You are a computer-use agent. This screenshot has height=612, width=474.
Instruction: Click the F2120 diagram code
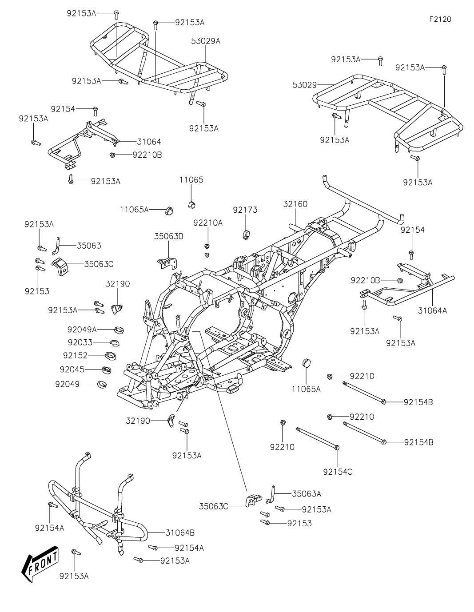(440, 19)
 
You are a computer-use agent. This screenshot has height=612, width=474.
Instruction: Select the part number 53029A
(205, 41)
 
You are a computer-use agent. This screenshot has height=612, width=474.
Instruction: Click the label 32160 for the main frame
(295, 204)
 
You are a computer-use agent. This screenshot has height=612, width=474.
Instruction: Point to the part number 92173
(245, 210)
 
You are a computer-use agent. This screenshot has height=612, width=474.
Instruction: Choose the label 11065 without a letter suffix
(191, 180)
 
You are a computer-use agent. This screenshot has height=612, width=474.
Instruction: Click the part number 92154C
(338, 472)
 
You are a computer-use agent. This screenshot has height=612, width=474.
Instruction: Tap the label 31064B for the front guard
(180, 533)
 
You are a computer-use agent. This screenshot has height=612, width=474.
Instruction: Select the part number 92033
(80, 342)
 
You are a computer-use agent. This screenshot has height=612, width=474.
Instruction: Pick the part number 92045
(72, 369)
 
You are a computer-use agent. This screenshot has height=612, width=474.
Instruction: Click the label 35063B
(168, 236)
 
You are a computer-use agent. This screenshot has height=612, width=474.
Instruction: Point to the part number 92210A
(208, 223)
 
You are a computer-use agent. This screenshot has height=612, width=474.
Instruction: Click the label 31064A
(432, 310)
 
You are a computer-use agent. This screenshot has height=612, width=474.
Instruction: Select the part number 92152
(75, 355)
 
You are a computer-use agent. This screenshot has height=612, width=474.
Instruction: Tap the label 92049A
(82, 329)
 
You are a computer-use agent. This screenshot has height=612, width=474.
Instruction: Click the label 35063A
(307, 494)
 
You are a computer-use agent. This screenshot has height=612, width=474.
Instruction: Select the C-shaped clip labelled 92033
(115, 343)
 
